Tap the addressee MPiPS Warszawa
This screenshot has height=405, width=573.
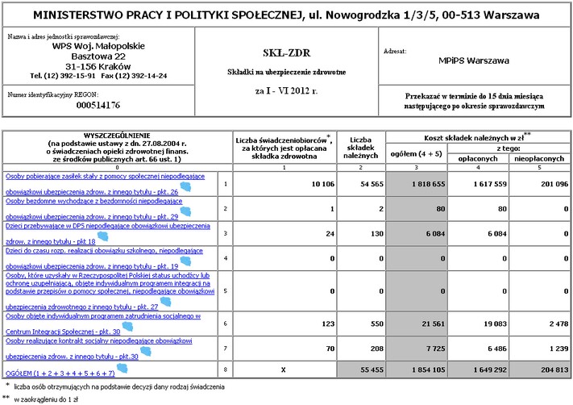tap(475, 61)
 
